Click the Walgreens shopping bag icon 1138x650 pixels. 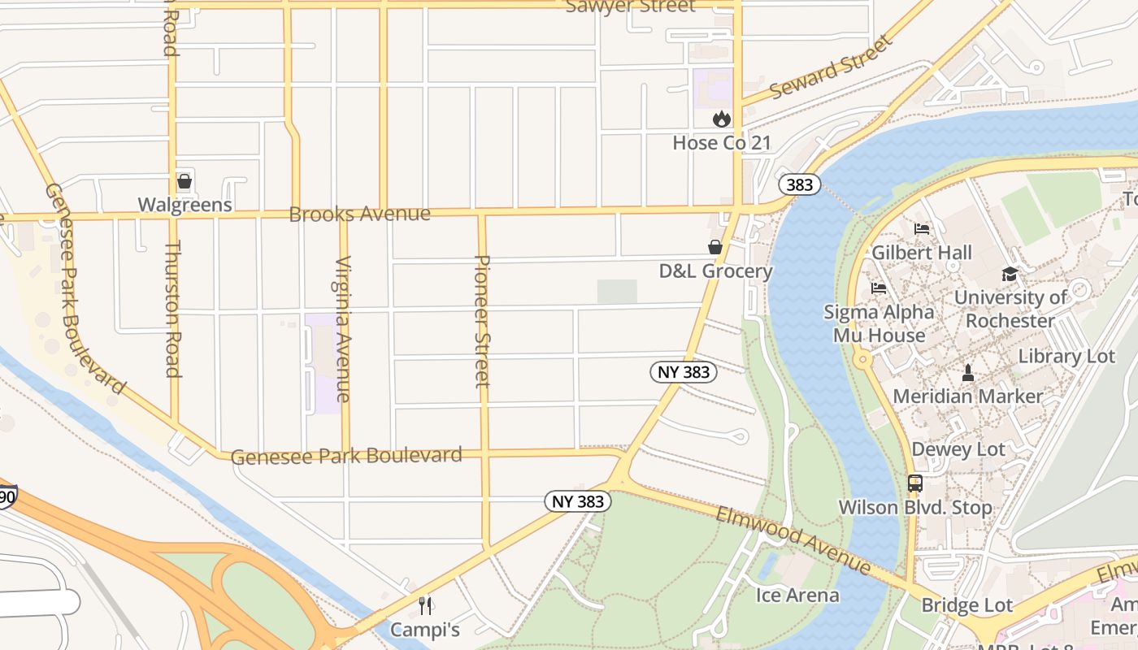(x=185, y=180)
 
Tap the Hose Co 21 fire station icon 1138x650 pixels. (x=721, y=119)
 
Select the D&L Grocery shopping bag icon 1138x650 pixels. (x=715, y=247)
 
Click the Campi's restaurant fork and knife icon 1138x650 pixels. (x=424, y=605)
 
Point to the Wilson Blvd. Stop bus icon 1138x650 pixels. (x=915, y=483)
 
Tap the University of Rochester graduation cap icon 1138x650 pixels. (x=1010, y=275)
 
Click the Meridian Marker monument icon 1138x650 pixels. (x=967, y=373)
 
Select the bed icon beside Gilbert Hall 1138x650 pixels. (x=921, y=229)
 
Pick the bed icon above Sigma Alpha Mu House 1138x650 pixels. (x=879, y=288)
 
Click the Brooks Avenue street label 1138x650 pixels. (x=359, y=214)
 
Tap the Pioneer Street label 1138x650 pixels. (x=482, y=321)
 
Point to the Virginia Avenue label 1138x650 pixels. (x=343, y=329)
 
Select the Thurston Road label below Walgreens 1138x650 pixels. (x=172, y=309)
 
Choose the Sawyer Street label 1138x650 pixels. (x=630, y=6)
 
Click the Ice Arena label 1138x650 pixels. (x=797, y=595)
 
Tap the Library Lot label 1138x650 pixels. (x=1066, y=357)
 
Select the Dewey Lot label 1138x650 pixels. (x=958, y=449)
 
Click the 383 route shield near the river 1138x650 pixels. (x=799, y=184)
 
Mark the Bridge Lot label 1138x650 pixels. (x=967, y=605)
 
